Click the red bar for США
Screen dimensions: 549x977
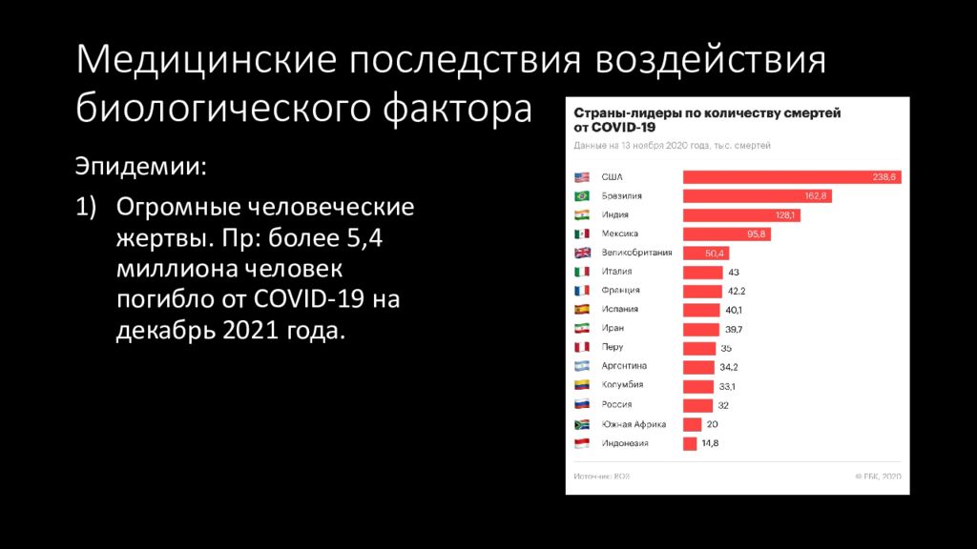(x=791, y=177)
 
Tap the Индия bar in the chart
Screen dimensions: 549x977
(x=740, y=215)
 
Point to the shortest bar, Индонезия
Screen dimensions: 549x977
(x=690, y=443)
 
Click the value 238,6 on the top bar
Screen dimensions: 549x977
(x=884, y=177)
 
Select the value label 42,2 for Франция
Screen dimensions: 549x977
(x=737, y=291)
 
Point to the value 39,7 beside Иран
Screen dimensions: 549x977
(x=734, y=329)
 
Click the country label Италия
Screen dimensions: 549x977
(x=616, y=272)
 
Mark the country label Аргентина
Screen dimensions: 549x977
(x=624, y=366)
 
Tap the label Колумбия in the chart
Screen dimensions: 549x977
(x=622, y=385)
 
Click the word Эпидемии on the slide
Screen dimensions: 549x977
(x=140, y=168)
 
